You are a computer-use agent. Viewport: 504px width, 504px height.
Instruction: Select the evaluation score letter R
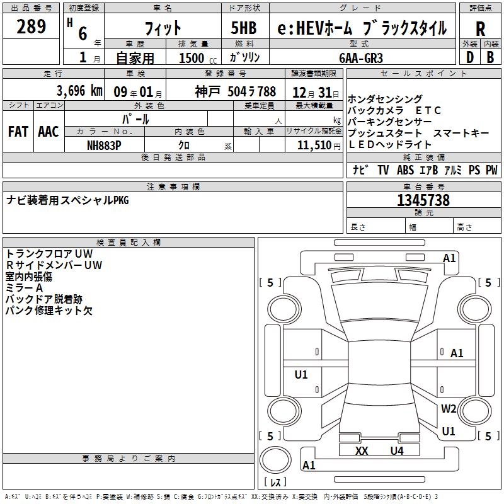tap(480, 29)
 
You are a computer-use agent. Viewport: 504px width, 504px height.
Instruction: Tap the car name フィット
tap(163, 28)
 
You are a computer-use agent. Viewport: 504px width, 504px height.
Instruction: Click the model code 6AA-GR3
tap(360, 57)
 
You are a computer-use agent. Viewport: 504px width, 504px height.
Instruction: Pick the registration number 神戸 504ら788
tap(235, 91)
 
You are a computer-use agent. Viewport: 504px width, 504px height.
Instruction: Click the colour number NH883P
tap(104, 144)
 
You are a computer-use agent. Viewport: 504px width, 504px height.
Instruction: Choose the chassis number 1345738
tap(423, 200)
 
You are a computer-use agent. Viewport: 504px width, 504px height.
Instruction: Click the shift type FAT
tap(18, 132)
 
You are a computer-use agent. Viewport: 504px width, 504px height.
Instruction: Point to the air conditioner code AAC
tap(49, 132)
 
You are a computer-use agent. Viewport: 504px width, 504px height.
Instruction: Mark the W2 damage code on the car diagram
tap(448, 408)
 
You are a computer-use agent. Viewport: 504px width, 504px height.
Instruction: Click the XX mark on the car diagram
tap(361, 450)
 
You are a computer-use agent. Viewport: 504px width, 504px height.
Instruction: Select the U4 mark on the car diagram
tap(396, 450)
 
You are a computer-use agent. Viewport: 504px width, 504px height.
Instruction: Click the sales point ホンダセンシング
tap(385, 100)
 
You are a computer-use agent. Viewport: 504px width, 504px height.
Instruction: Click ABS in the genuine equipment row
tap(405, 170)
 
